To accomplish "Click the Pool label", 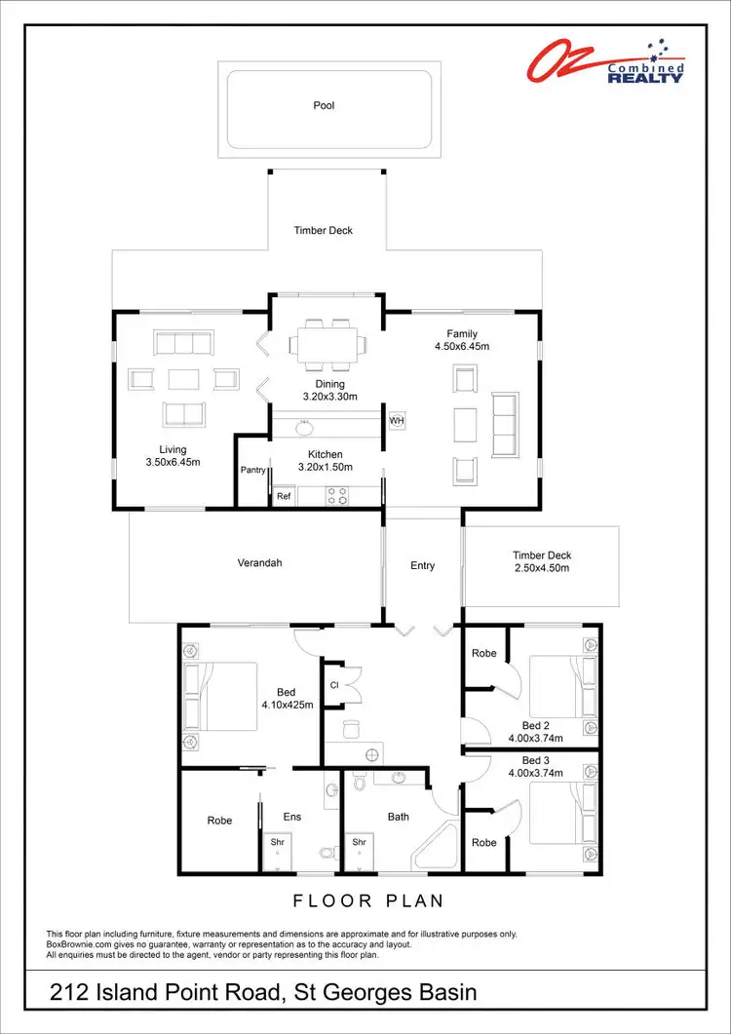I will [324, 105].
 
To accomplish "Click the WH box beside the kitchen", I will [397, 420].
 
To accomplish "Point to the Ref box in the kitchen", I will [284, 496].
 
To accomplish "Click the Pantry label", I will [253, 470].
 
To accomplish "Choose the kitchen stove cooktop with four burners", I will [336, 496].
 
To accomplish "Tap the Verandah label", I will [259, 563].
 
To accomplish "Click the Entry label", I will [422, 565].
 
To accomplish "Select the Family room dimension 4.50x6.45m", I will [463, 346].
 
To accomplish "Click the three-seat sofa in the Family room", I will [506, 424].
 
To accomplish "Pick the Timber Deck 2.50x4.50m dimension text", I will [542, 567].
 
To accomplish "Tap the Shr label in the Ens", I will [277, 842].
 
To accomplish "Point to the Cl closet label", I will [334, 684].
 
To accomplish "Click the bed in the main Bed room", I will [222, 696].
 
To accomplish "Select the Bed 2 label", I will [536, 725].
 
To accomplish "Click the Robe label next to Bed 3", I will [483, 842].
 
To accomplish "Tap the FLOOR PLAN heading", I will [368, 900].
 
